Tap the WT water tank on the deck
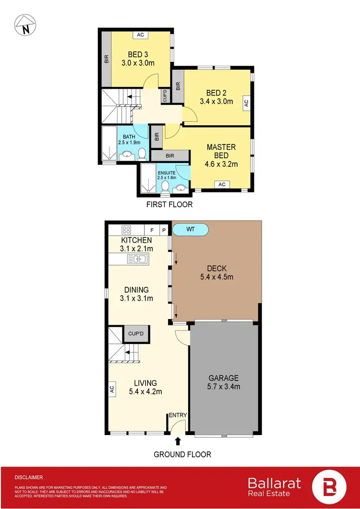point(191,230)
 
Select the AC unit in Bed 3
point(140,35)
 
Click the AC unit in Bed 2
point(246,102)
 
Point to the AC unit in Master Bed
point(222,184)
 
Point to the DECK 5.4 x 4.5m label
point(217,272)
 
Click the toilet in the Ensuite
point(165,186)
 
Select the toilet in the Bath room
point(142,153)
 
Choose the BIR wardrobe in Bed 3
point(106,59)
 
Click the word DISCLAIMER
point(29,477)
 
